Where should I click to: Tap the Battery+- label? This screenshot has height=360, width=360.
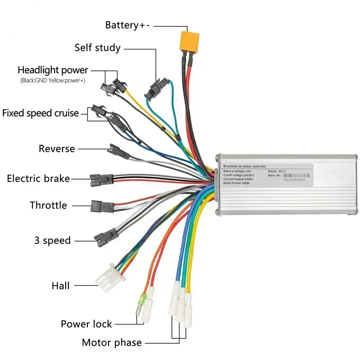click(128, 25)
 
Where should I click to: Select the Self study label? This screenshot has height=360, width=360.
click(97, 47)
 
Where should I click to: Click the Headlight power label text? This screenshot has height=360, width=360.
click(53, 70)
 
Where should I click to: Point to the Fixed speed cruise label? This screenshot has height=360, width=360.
click(40, 113)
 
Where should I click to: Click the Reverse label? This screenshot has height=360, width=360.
click(57, 148)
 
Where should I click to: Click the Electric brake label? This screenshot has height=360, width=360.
click(38, 179)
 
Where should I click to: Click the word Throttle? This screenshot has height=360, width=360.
click(48, 206)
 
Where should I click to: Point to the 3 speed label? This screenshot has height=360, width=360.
click(52, 240)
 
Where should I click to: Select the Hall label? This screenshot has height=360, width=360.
click(60, 285)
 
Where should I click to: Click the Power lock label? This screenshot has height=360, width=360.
click(86, 324)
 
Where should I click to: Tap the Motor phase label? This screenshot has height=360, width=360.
click(112, 343)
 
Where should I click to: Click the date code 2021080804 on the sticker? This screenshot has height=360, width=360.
click(294, 179)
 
